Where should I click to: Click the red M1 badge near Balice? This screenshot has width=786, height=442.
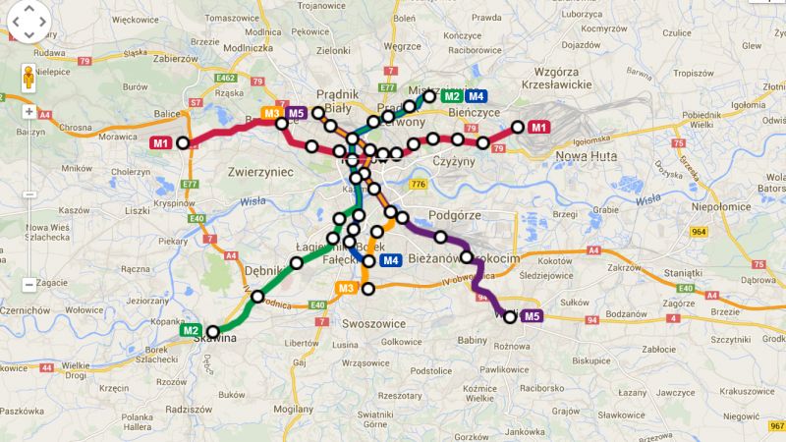161,143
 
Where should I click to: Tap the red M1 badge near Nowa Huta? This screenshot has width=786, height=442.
537,127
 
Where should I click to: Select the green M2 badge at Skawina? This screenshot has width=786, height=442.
191,330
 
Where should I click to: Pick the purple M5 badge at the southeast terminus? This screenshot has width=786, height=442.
532,315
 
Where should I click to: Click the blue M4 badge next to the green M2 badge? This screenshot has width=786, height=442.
476,95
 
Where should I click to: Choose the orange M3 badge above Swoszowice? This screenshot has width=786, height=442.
345,288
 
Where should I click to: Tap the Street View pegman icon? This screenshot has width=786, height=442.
28,78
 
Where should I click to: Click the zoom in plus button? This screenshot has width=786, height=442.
28,111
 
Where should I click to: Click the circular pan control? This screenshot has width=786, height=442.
28,20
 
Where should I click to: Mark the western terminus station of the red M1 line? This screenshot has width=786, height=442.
182,143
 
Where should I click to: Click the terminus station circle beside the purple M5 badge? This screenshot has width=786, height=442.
510,316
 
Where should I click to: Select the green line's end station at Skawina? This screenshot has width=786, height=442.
212,331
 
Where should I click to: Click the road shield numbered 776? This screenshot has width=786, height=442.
419,184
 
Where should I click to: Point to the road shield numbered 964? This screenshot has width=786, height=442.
699,232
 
